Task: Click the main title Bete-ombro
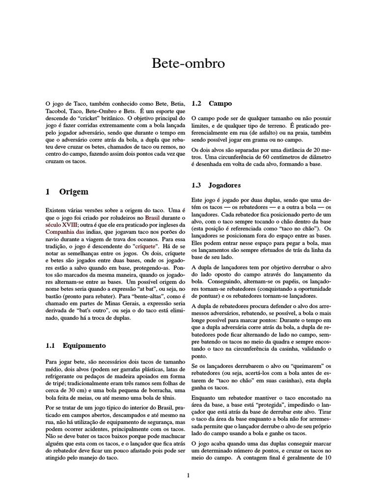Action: (x=188, y=64)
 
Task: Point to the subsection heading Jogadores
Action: (x=224, y=185)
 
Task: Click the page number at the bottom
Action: (x=188, y=475)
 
